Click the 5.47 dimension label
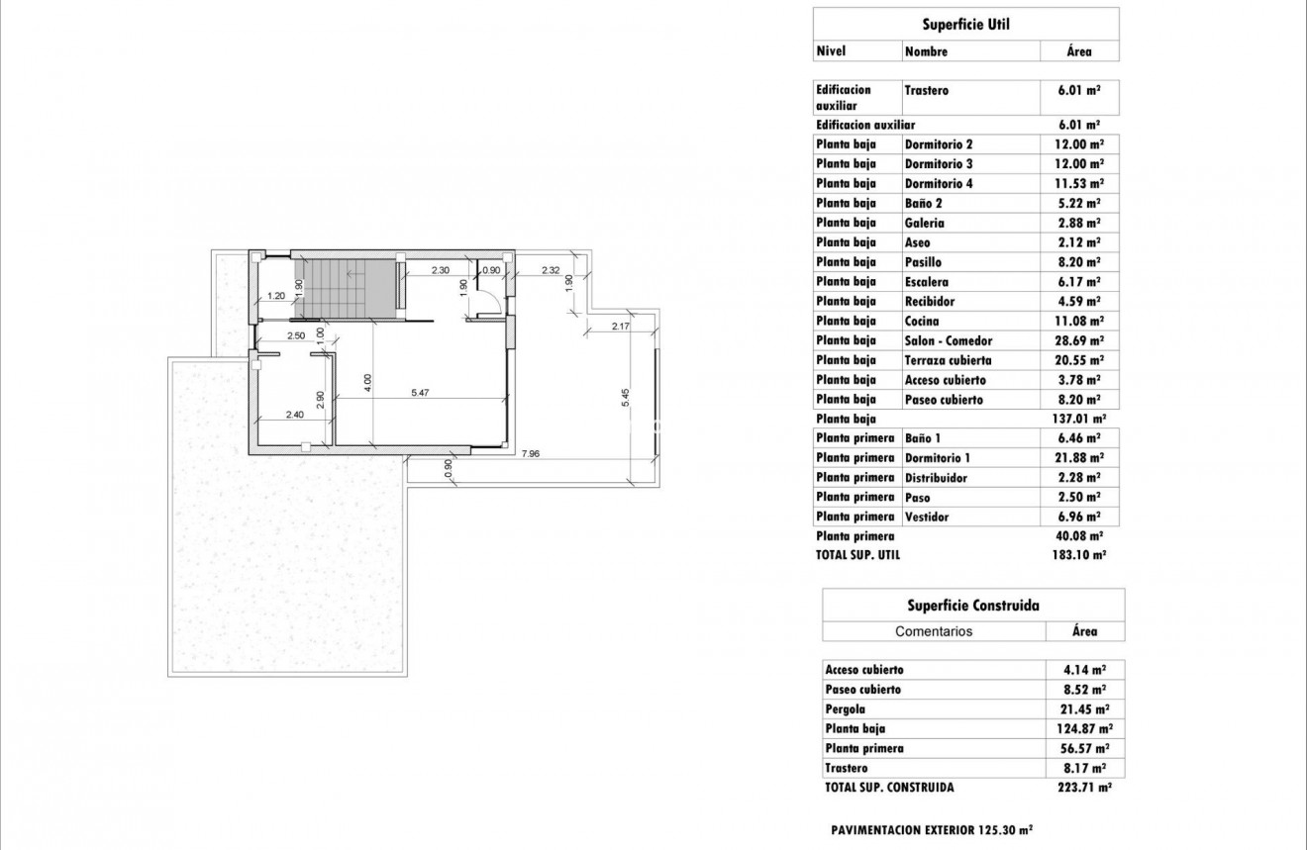point(421,393)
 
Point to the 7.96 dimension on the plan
point(532,454)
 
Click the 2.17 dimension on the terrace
point(621,326)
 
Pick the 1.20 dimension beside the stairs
point(277,295)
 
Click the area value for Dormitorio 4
point(1080,183)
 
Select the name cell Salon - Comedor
point(948,340)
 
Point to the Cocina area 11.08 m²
point(1080,321)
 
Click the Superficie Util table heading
point(964,24)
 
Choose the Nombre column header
point(926,51)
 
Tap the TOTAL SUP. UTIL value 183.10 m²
point(1079,555)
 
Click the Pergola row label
point(845,708)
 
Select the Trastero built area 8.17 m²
point(1084,768)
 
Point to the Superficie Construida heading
point(972,605)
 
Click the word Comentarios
point(934,631)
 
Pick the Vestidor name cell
point(927,517)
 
